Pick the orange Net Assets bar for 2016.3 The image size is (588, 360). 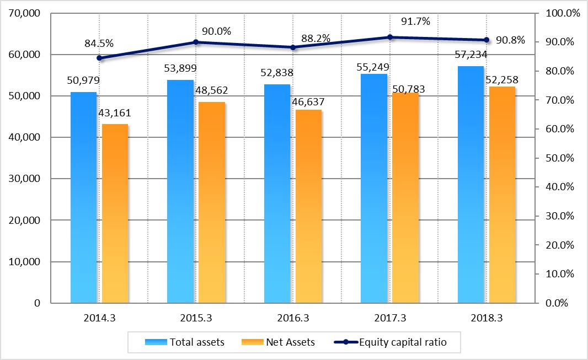point(308,206)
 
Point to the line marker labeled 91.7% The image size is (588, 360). point(389,37)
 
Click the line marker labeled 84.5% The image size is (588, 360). point(99,58)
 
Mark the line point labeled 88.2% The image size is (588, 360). point(293,47)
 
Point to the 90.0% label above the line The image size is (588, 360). point(212,31)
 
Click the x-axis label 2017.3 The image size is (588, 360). point(390,318)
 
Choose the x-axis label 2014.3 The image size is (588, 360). point(99,318)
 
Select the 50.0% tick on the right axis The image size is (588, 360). point(559,158)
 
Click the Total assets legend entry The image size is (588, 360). point(185,342)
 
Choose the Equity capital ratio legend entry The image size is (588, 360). point(391,342)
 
